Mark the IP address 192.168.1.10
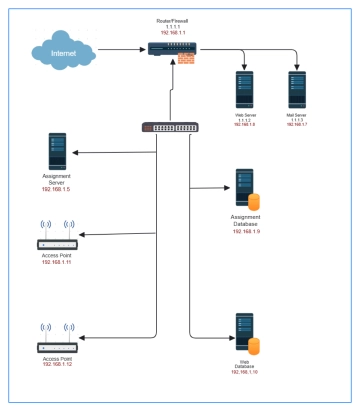(x=245, y=371)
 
